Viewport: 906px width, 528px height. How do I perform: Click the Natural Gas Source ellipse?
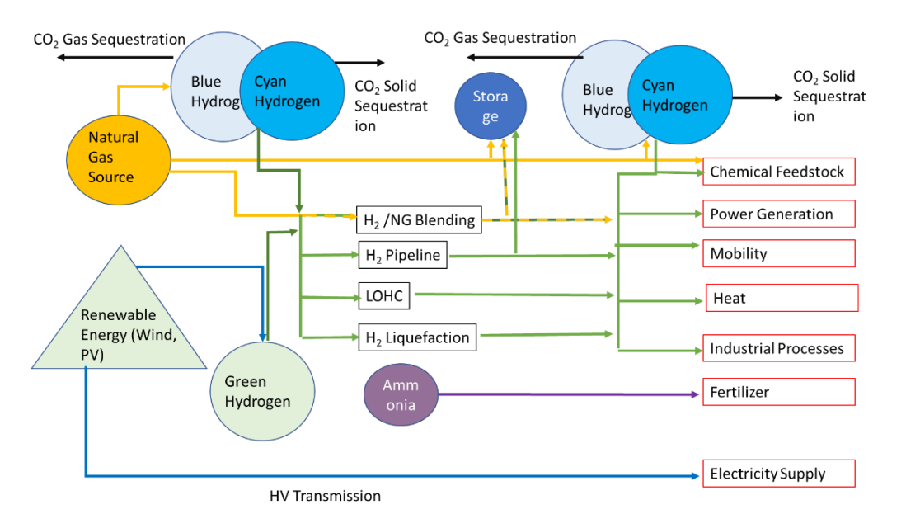click(114, 157)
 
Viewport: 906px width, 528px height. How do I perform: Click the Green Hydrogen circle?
click(257, 392)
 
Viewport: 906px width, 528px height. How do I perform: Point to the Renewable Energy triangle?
click(118, 326)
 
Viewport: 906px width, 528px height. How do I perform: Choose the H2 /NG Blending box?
click(418, 220)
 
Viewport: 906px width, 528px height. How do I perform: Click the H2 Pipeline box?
click(403, 256)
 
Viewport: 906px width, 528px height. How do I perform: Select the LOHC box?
click(384, 295)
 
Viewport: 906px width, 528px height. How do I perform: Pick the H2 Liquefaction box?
click(417, 337)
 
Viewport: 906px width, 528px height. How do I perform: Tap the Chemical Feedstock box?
click(778, 172)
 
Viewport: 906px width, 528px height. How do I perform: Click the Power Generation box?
click(778, 214)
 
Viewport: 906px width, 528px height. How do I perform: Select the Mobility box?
click(778, 253)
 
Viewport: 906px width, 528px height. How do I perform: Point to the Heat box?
click(782, 298)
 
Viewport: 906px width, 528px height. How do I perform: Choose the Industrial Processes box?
click(778, 348)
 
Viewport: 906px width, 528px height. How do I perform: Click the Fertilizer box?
click(778, 392)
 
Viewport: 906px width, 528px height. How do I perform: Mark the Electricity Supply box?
click(778, 474)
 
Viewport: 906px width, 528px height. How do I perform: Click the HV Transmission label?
click(325, 496)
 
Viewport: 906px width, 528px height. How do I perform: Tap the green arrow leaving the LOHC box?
click(511, 295)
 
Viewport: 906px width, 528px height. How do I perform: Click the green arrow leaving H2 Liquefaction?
click(544, 334)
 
